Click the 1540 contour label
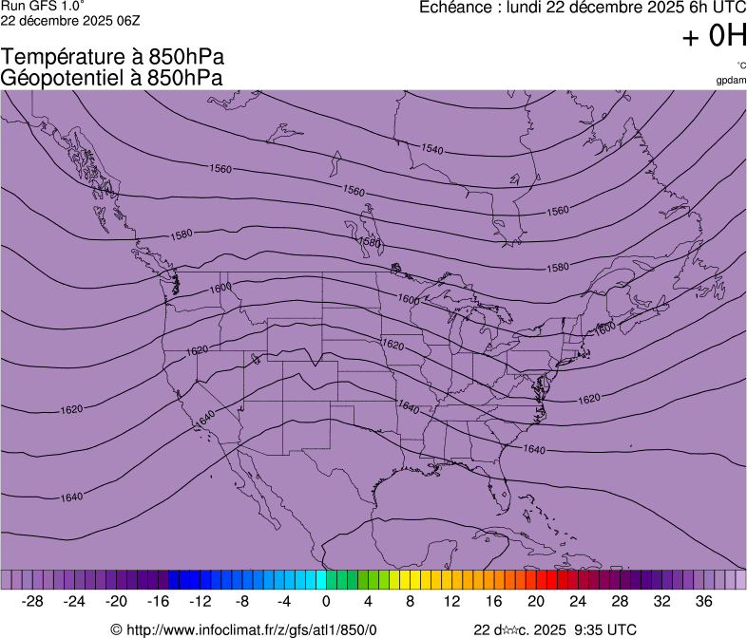[x=432, y=149]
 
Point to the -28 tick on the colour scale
[x=33, y=601]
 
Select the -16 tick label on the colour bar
[x=159, y=601]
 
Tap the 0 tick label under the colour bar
[x=326, y=601]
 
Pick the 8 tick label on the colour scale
[x=410, y=601]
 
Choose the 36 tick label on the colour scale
[x=703, y=601]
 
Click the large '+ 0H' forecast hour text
[x=714, y=36]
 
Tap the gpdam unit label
[x=731, y=80]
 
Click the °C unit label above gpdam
[x=741, y=65]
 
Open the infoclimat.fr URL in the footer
[x=251, y=629]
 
